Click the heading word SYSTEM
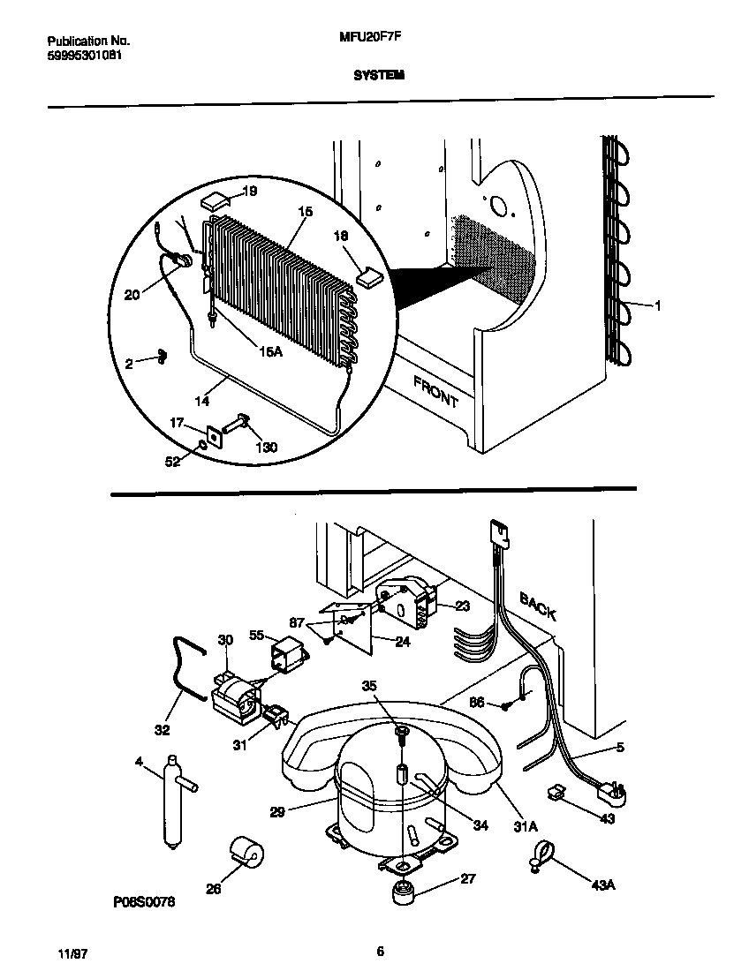tap(379, 76)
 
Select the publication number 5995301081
tap(84, 55)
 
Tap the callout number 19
tap(249, 192)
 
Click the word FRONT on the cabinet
tap(435, 391)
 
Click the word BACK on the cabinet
tap(538, 607)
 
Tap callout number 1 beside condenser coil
tap(657, 306)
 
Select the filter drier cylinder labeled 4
tap(170, 799)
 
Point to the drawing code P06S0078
tap(143, 903)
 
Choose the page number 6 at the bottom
tap(380, 951)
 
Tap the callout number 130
tap(265, 448)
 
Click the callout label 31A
tap(526, 826)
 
